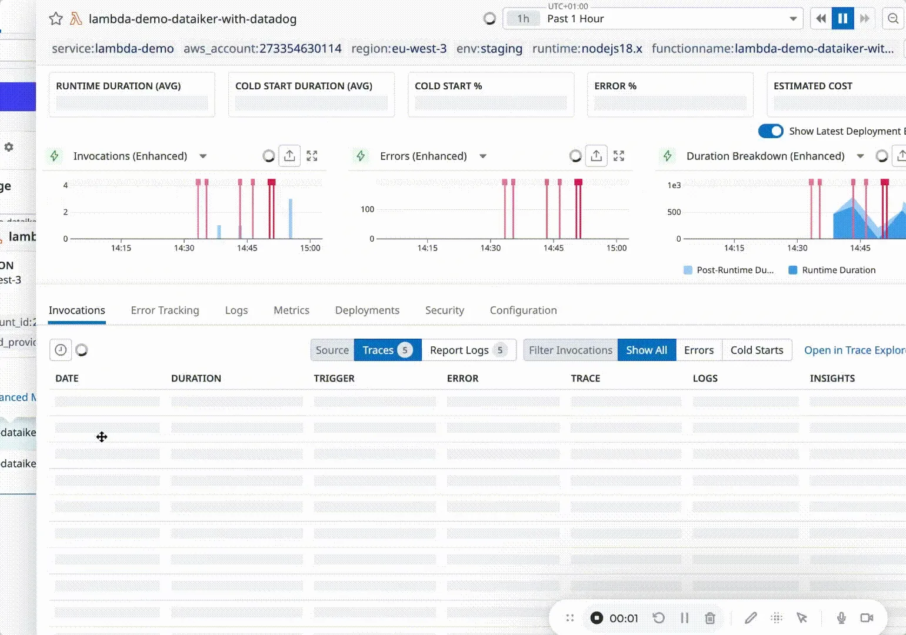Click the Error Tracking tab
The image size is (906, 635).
pos(165,310)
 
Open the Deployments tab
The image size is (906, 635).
pos(367,310)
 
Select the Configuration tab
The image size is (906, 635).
pos(523,310)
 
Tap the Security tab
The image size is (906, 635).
pos(444,310)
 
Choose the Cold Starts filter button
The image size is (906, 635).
pos(757,350)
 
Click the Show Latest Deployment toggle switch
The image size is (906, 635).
pos(771,131)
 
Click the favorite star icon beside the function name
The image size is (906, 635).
pos(56,19)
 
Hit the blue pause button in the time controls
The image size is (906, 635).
pos(842,19)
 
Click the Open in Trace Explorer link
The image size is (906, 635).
pos(854,350)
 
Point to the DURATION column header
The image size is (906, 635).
pos(196,379)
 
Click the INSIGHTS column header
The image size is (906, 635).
pos(832,379)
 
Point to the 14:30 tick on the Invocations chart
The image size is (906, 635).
pos(184,248)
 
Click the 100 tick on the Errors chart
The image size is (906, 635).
pos(367,209)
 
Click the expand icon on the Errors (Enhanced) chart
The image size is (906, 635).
pos(619,156)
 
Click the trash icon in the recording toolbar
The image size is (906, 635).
pos(710,618)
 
